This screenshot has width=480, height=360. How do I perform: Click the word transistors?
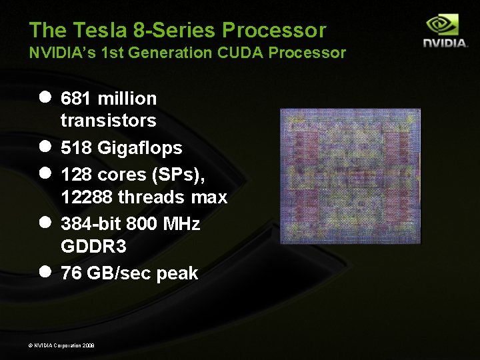108,121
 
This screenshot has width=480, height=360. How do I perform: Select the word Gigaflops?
139,147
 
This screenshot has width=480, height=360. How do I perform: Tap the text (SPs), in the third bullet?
177,174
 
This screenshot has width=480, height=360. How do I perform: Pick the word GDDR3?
93,247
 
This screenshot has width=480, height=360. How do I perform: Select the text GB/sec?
120,273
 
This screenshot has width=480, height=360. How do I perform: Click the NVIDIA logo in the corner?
445,32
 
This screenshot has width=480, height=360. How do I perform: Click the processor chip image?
350,175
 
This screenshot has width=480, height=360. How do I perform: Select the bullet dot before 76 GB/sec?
45,271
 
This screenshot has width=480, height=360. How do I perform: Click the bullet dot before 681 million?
45,97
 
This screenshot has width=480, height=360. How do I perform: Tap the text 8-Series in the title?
169,30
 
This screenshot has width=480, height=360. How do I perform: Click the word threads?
155,197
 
